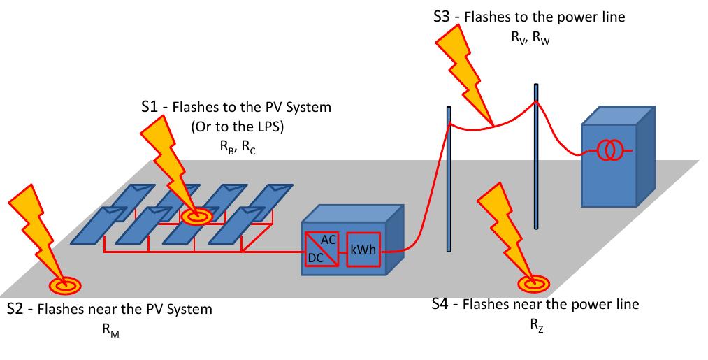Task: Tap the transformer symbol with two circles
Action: [x=607, y=150]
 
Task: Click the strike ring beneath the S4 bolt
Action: [x=531, y=283]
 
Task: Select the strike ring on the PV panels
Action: [x=198, y=217]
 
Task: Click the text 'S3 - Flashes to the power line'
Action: [x=529, y=17]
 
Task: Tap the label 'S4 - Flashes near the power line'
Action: [x=535, y=304]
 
